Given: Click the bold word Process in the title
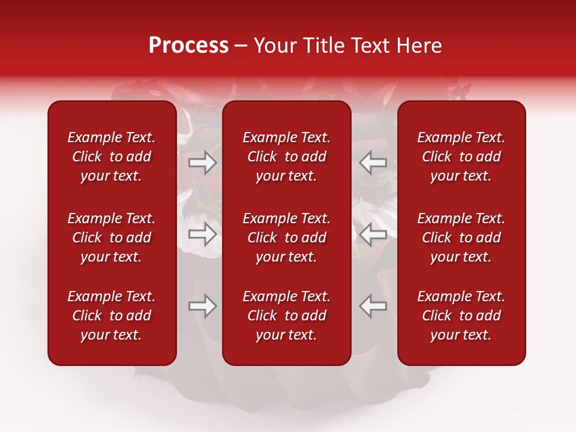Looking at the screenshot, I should [188, 46].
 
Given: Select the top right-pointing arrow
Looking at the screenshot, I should [202, 162].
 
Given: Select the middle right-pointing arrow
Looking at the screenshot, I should [202, 234].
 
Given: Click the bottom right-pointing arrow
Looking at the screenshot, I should [202, 307].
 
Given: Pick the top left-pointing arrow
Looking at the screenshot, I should [373, 162].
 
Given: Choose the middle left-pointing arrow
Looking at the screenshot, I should [373, 234].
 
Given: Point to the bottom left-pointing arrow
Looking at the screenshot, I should [373, 307].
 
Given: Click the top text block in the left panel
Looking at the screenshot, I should [112, 157].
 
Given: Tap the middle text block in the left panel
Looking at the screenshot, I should [112, 238].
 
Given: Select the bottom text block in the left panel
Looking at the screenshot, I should [112, 316].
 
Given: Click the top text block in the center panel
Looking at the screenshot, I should [286, 157].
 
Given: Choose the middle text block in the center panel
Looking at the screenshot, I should [286, 238].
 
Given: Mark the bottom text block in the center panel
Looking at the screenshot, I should [286, 316].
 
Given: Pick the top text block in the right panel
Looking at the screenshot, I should [461, 157].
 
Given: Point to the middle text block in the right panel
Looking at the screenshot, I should [461, 238].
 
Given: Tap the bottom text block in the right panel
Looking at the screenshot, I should [461, 316].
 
